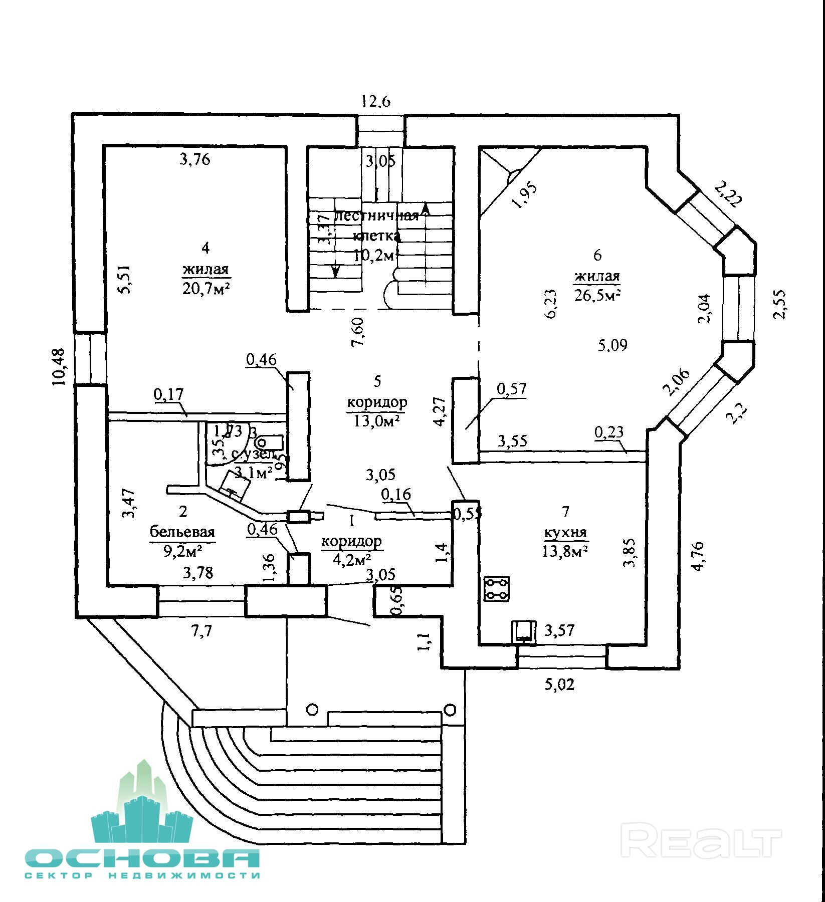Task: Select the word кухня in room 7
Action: click(x=565, y=533)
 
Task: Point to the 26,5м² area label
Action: click(x=597, y=295)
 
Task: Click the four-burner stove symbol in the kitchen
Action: click(x=497, y=589)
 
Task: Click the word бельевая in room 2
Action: click(x=182, y=532)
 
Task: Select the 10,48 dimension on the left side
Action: click(x=59, y=367)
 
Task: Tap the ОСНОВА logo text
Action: click(x=143, y=859)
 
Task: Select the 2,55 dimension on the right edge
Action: click(x=781, y=304)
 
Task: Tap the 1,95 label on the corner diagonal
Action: click(x=525, y=195)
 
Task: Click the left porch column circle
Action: click(x=312, y=709)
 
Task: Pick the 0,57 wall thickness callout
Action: click(x=511, y=389)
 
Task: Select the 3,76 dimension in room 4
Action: click(x=194, y=159)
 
